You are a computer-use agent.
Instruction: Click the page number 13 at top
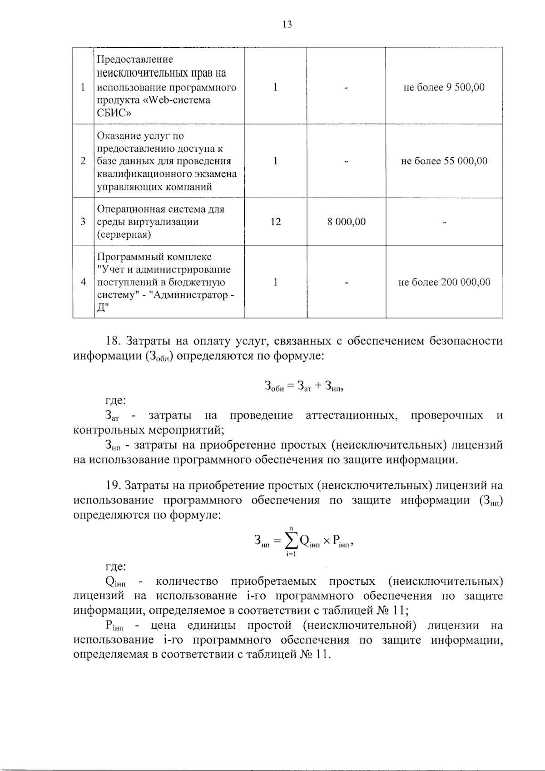point(287,25)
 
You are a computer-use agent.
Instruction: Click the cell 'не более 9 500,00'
point(444,87)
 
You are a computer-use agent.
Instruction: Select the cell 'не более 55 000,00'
point(444,161)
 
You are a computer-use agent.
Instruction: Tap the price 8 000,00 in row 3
point(347,222)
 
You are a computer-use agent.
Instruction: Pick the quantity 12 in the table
point(275,222)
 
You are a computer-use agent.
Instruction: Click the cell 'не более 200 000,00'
point(444,282)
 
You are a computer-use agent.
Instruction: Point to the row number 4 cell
point(83,282)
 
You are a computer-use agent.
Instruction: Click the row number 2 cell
point(83,161)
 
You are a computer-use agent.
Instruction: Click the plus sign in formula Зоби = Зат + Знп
point(317,386)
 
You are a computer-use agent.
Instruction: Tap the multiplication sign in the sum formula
point(326,541)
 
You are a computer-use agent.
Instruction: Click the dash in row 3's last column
point(444,222)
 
